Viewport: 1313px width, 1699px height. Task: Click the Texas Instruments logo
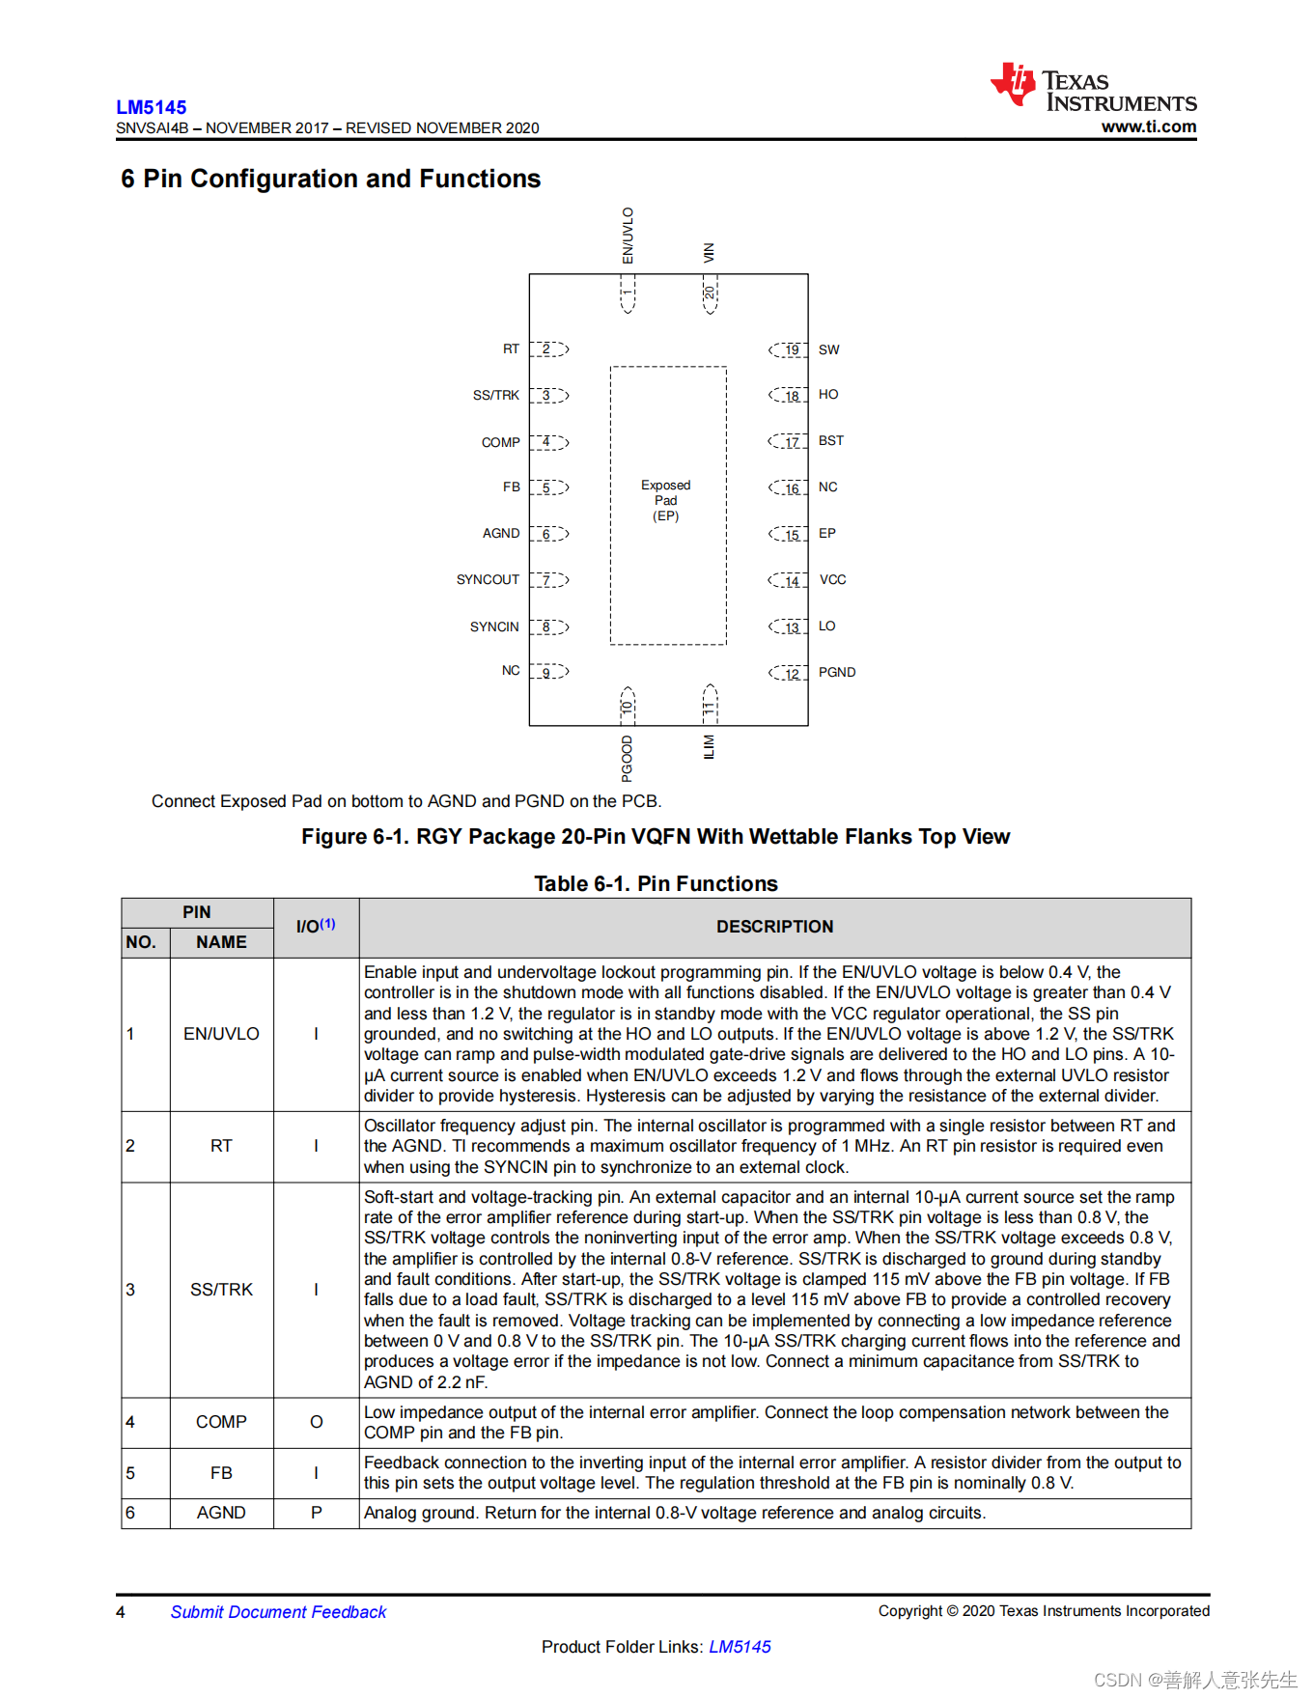(1093, 89)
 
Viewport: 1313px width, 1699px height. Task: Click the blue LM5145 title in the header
(152, 107)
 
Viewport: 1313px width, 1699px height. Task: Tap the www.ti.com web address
(1148, 126)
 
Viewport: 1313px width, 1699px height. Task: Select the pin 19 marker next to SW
(790, 349)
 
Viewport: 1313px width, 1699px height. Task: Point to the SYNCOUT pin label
(488, 579)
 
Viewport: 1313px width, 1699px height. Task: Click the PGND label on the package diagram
(836, 672)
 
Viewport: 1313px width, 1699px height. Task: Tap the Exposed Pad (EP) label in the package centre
(666, 500)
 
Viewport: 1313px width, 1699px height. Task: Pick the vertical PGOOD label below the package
(628, 758)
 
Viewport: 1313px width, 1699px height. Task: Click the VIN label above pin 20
(709, 253)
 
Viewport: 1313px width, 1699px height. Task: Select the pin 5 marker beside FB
(547, 487)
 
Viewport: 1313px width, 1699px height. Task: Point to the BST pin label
(830, 440)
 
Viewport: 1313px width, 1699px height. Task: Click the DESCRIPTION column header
(774, 927)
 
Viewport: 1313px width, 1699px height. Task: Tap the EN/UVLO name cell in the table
(221, 1034)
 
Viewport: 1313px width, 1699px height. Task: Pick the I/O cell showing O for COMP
(316, 1422)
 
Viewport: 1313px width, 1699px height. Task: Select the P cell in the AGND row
(316, 1513)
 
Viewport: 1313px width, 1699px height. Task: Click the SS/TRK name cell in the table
(221, 1290)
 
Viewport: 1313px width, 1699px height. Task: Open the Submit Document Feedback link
(278, 1612)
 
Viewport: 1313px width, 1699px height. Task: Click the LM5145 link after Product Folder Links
(740, 1647)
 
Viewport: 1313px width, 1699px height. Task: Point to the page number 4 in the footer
(121, 1612)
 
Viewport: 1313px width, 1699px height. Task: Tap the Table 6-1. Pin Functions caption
(656, 883)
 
